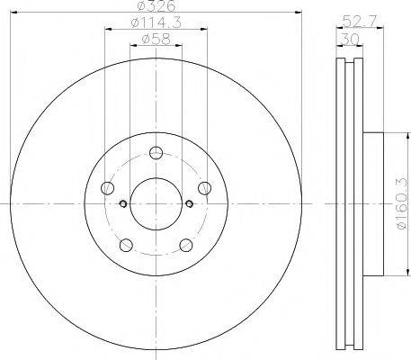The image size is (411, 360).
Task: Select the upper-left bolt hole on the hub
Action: [108, 187]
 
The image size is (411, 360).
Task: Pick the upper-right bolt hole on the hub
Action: [206, 187]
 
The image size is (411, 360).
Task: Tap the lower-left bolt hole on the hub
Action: [126, 244]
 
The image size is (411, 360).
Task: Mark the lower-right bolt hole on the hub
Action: [186, 244]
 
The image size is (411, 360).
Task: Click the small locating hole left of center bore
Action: [122, 202]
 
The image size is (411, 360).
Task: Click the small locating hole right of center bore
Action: [190, 202]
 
